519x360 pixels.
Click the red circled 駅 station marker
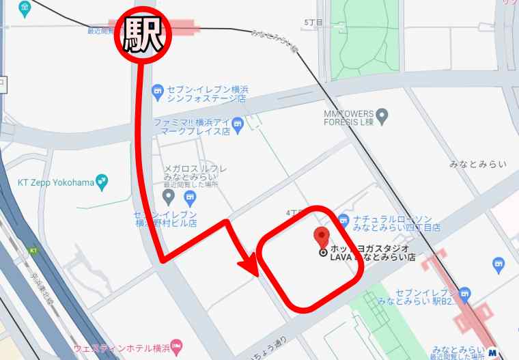coord(143,35)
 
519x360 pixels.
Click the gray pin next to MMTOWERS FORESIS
coord(382,115)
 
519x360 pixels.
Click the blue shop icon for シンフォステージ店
coord(158,89)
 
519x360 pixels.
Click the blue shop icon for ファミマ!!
coord(237,124)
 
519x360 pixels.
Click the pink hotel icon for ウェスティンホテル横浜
coord(176,345)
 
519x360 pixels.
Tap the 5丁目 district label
coord(312,23)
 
